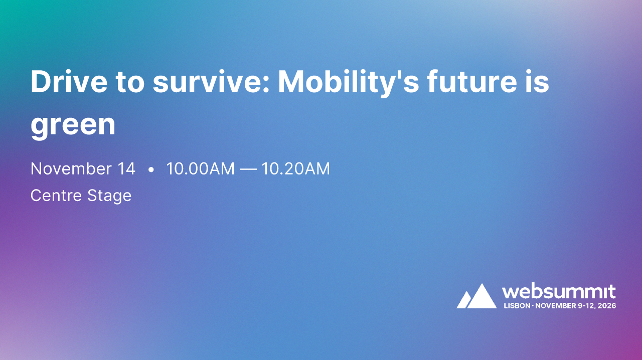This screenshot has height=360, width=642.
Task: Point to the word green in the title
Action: tap(73, 125)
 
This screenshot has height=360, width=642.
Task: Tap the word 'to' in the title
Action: tap(128, 82)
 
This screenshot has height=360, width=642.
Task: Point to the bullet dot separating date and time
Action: tap(151, 170)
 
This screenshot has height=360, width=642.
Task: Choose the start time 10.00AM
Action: tap(200, 169)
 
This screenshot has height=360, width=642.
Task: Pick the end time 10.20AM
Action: tap(295, 169)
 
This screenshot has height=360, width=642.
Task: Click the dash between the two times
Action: tap(248, 169)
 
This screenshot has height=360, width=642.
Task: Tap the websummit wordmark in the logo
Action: tap(559, 292)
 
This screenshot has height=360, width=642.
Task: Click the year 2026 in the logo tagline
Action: tap(606, 305)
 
